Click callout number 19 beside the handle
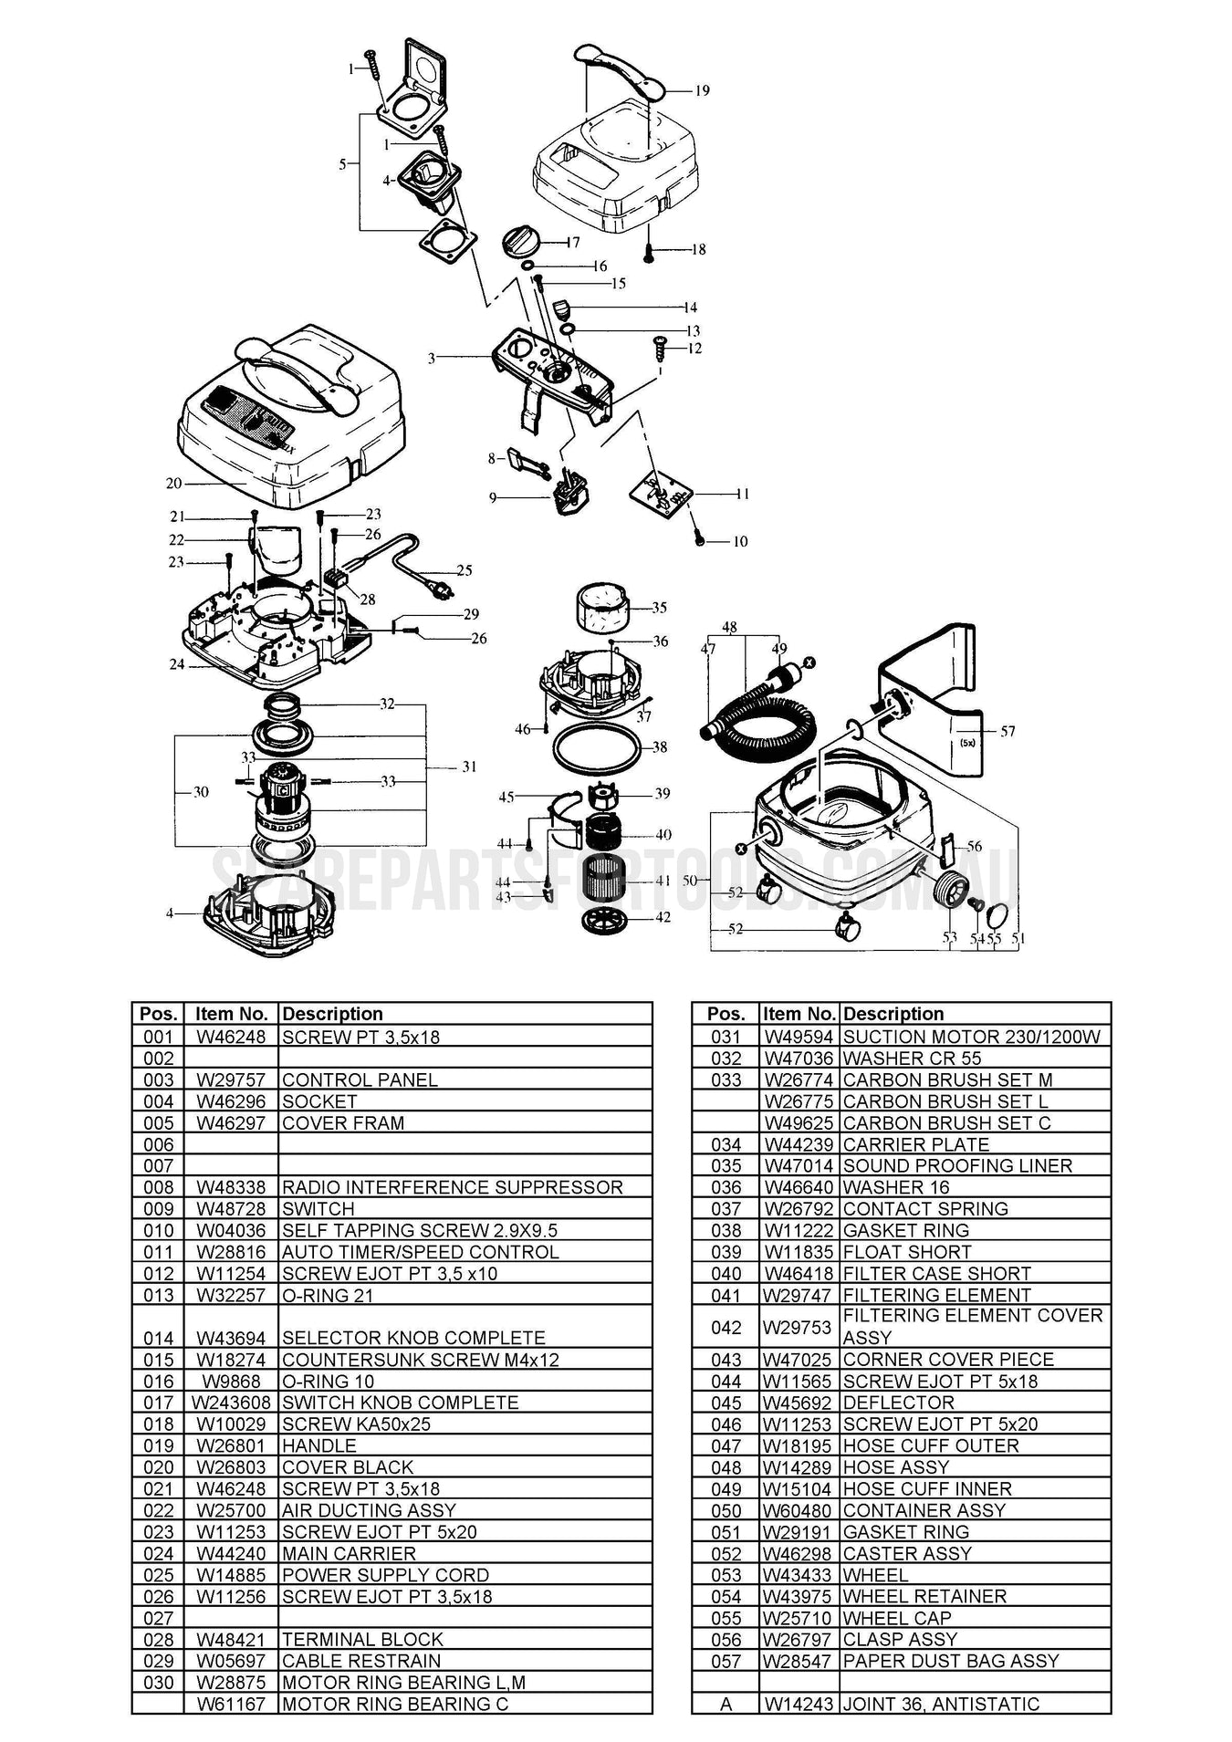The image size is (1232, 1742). pos(702,90)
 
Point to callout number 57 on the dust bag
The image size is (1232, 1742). pos(1008,731)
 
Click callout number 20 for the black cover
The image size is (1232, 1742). pos(173,484)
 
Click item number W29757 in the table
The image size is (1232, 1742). pos(231,1080)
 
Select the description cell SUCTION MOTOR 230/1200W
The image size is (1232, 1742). pos(971,1037)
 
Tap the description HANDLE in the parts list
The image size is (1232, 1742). pos(318,1445)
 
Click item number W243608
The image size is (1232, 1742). pos(231,1403)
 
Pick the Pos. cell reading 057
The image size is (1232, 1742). pos(726,1661)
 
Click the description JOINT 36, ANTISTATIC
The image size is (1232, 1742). pos(940,1704)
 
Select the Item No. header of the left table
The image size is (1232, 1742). pos(231,1014)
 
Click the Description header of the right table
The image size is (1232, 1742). pos(893,1014)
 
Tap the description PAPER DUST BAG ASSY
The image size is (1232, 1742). pos(950,1661)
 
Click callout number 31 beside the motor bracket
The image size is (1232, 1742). pos(469,767)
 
